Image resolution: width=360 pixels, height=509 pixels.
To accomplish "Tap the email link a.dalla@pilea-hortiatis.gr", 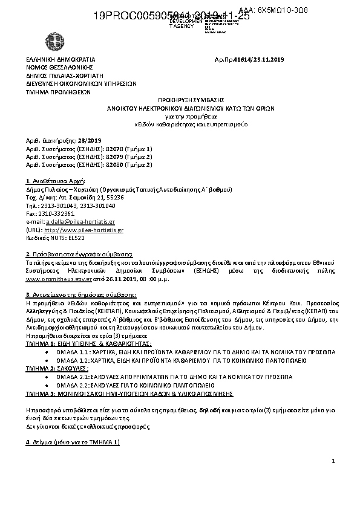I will pyautogui.click(x=89, y=222).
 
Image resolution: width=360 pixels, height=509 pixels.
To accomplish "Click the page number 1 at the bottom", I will pyautogui.click(x=333, y=462).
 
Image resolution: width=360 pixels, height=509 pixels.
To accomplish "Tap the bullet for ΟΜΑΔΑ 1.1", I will pyautogui.click(x=48, y=351).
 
